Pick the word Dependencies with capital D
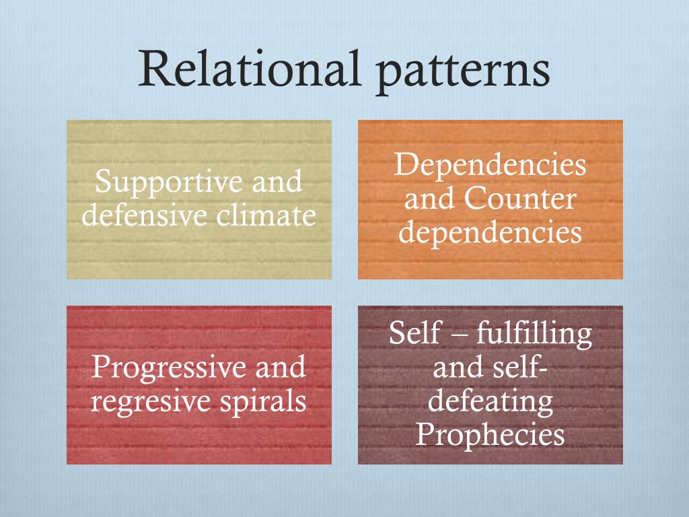point(490,166)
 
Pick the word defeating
point(491,402)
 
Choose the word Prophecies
point(490,436)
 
